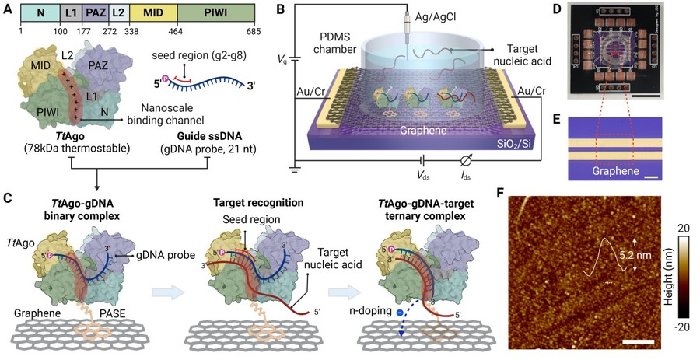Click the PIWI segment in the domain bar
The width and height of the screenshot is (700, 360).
(218, 15)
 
